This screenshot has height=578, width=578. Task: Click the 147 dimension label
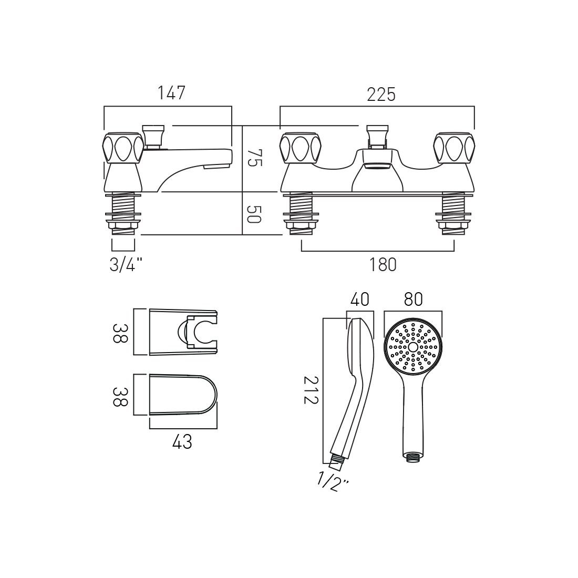[172, 93]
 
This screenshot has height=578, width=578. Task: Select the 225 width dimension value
[380, 95]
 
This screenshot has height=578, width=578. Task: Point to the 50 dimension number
[253, 214]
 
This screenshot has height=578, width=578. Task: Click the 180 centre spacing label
[383, 265]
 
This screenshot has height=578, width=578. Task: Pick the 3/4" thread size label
[126, 265]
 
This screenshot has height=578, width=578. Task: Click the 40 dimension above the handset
[359, 300]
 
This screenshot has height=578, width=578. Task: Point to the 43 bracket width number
[182, 442]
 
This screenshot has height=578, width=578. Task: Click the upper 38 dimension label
[120, 332]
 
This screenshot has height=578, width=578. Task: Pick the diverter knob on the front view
[376, 135]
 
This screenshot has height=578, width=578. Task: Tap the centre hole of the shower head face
[412, 347]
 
